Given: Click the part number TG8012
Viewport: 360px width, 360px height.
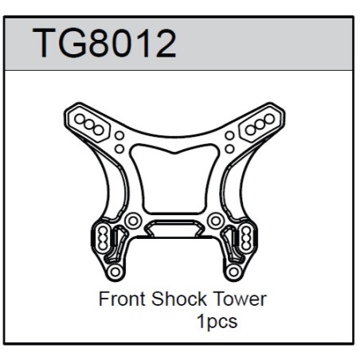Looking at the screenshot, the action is coord(104,43).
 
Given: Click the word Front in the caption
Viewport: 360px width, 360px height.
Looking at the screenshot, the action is coord(123,299).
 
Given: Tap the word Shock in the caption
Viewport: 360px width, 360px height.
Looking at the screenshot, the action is coord(179,299).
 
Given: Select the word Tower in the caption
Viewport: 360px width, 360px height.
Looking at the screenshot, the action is coord(240,299).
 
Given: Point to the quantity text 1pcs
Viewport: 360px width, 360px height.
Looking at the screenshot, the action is coord(217,322).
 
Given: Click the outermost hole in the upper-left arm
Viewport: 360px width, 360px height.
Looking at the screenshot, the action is coord(80,119).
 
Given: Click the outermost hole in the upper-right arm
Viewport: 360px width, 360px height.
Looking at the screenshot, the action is coord(269,119).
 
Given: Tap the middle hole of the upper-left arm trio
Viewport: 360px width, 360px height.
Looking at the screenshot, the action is coord(89,124).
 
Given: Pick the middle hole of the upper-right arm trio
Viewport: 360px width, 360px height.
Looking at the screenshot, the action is coord(260,124).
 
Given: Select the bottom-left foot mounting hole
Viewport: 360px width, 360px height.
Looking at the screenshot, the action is coord(115,272).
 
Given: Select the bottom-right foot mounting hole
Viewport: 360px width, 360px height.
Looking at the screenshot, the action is coord(233,272).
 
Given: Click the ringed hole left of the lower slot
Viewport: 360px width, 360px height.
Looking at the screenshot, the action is coord(133,221).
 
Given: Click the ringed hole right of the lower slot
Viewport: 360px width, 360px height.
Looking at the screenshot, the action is coord(216,221).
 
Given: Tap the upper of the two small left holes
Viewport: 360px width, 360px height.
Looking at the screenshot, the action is coord(119,135).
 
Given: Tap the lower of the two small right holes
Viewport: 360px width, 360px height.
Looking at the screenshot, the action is coord(229,149).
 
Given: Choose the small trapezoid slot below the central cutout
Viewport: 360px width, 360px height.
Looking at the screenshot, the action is coord(174,228).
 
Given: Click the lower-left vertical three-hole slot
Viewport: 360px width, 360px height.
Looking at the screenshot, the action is coord(103,237).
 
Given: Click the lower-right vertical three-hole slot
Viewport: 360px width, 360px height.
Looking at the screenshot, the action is coord(246,237).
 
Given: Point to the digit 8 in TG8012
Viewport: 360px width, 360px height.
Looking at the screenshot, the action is coord(102,43).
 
